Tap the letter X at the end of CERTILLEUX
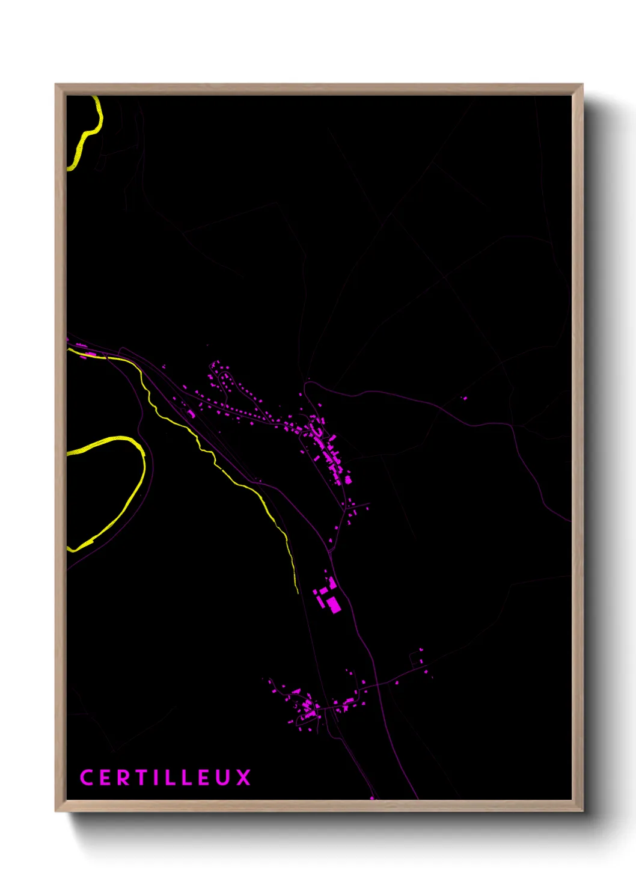(x=243, y=778)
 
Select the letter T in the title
(x=141, y=778)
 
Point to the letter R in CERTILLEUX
(x=123, y=778)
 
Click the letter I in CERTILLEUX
(x=154, y=778)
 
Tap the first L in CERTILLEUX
(x=169, y=778)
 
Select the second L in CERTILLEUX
(x=186, y=778)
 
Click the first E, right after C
(x=104, y=778)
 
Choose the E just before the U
(x=204, y=778)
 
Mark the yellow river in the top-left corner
(x=87, y=135)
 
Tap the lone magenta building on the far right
(x=463, y=397)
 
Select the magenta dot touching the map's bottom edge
(x=372, y=798)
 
